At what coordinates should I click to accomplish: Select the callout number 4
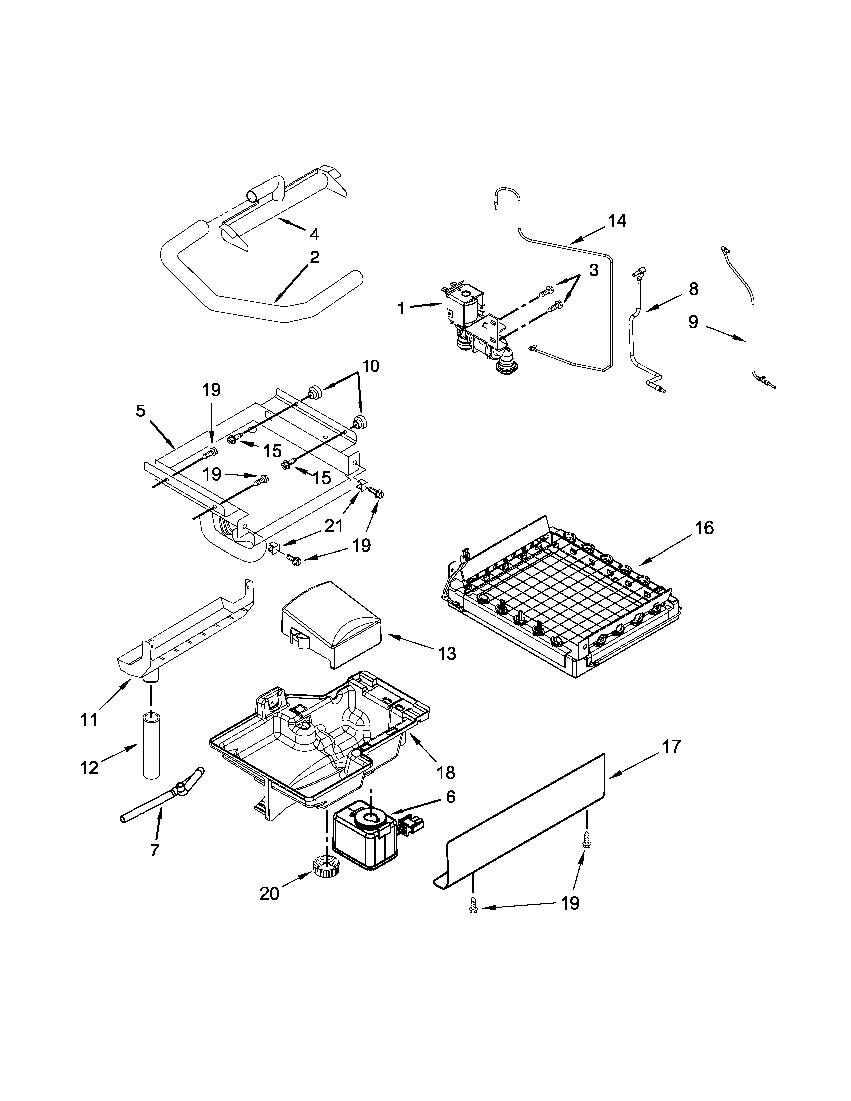tap(314, 234)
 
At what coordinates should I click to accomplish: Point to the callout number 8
tap(694, 289)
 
